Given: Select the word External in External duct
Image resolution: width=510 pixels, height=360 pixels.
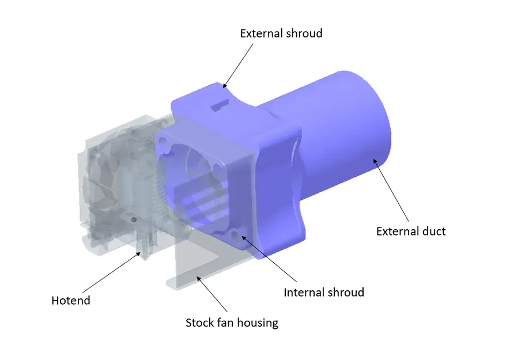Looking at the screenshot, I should pos(397,232).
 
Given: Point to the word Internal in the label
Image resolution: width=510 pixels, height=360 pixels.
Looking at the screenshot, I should pos(303,293).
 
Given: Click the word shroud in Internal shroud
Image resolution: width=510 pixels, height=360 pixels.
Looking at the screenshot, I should pos(344,293).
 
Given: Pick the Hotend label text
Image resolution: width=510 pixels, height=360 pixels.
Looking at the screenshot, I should pos(71,301).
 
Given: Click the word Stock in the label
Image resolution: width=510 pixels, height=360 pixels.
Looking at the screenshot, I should pos(199,323).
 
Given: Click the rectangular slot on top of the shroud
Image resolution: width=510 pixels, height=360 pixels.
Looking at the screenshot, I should pos(220,105).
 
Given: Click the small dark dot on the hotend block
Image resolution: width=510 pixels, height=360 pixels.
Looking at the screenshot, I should pos(133,219).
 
